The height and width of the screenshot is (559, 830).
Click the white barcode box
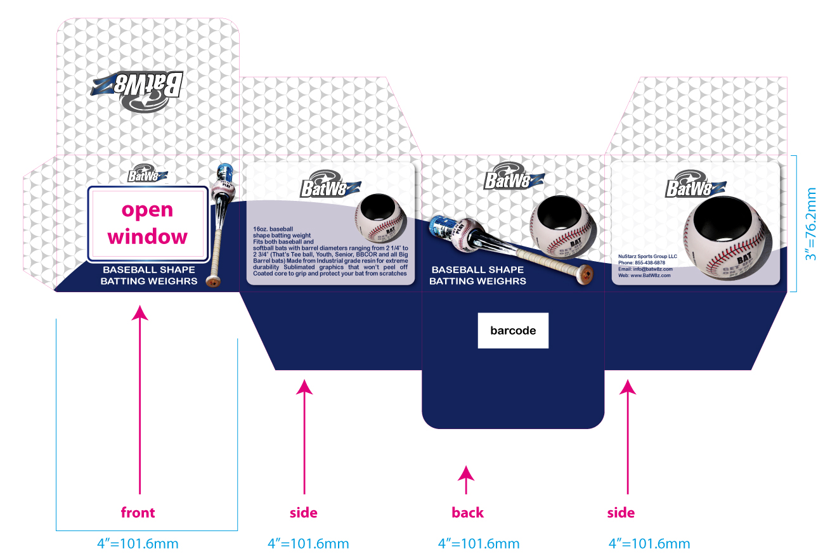tap(513, 330)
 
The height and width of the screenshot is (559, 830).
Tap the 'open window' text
tap(147, 223)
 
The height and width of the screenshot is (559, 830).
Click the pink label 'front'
tap(138, 512)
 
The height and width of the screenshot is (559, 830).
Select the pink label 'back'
tap(468, 512)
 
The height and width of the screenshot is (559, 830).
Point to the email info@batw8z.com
tap(645, 269)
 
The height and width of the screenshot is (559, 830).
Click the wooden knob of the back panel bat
tap(587, 275)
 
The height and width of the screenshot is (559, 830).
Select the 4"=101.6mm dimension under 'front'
tap(138, 544)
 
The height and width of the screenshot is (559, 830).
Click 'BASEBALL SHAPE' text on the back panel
tap(477, 269)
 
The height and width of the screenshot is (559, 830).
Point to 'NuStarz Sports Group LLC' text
tap(648, 256)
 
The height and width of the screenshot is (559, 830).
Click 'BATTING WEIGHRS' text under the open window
tap(149, 281)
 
